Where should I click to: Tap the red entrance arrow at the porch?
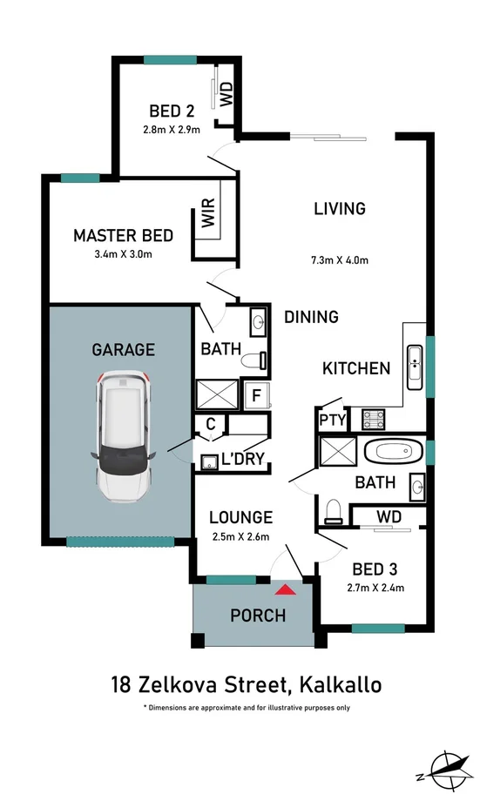(289, 589)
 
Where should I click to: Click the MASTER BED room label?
(123, 235)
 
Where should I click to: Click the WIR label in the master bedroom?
(208, 214)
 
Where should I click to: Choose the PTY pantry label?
(334, 420)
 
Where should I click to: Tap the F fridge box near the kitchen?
(256, 395)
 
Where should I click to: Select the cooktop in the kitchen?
(375, 419)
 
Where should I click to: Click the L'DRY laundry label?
(243, 459)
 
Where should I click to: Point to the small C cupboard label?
(210, 426)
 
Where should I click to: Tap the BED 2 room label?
(171, 111)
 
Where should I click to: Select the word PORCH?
(258, 616)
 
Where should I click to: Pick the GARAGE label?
(123, 350)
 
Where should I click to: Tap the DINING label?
(311, 318)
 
